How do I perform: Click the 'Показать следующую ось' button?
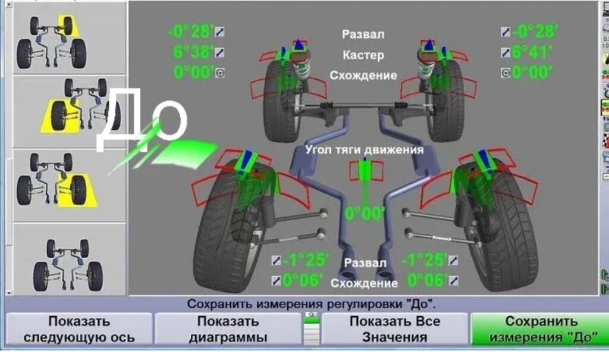[79, 329]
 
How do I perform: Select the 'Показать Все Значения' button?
[394, 329]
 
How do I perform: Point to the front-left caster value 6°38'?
[193, 52]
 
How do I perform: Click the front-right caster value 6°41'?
[532, 52]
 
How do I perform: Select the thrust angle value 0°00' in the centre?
[365, 213]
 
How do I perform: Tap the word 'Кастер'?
[363, 55]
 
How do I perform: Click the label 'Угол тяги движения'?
[364, 150]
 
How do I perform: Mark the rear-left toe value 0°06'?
[302, 280]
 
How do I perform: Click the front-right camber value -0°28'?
[535, 31]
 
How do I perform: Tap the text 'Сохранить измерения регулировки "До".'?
[311, 304]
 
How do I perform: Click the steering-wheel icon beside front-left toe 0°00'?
[219, 73]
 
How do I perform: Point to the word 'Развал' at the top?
[363, 35]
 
